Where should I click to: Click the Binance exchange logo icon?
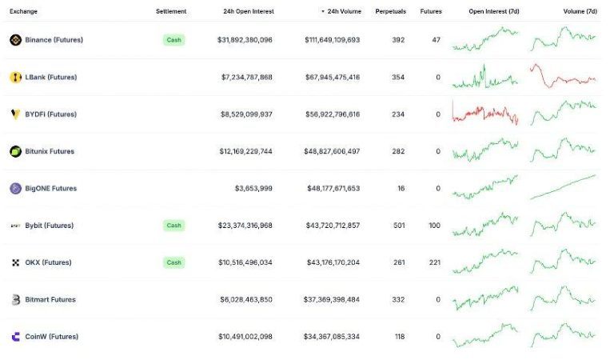click(x=15, y=40)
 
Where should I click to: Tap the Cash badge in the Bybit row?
click(x=173, y=226)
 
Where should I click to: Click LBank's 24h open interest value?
click(x=246, y=78)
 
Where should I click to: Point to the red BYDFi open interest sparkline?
click(x=484, y=113)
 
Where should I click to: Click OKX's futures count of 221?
click(x=434, y=262)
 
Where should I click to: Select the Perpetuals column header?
click(x=389, y=12)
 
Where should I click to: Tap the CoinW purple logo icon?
click(x=15, y=337)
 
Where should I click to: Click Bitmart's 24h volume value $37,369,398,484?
click(x=332, y=300)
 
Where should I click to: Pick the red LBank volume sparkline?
click(x=563, y=77)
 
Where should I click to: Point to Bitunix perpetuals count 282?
click(x=398, y=151)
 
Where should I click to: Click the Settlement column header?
click(x=171, y=12)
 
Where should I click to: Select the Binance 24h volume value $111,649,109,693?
click(x=332, y=40)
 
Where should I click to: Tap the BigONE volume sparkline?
click(x=563, y=187)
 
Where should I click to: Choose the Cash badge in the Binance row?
click(x=173, y=40)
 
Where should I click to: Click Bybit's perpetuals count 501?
click(x=398, y=226)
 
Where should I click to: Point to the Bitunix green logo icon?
click(x=15, y=151)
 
